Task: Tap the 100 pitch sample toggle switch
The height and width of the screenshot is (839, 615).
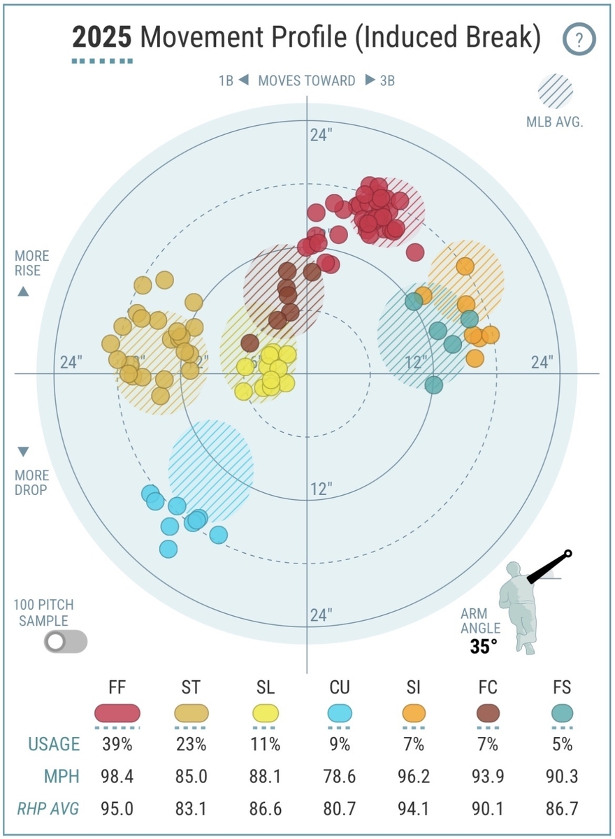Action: coord(66,641)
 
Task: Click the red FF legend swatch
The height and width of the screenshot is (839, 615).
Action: coord(117,713)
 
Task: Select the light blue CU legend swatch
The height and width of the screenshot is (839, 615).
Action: coord(340,713)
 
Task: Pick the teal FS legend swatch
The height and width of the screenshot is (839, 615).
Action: coord(562,713)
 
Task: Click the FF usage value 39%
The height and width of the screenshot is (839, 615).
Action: coord(117,745)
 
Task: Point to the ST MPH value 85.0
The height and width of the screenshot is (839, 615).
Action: coord(191,777)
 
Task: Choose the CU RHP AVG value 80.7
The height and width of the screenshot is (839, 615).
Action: coord(340,810)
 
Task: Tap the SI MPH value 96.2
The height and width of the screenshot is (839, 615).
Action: coord(414,777)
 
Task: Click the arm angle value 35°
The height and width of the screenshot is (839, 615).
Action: coord(484,646)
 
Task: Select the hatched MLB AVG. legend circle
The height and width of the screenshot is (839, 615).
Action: coord(555,92)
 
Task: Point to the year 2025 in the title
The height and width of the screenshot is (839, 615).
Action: coord(102,38)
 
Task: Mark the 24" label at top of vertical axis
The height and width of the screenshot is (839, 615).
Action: coord(321,136)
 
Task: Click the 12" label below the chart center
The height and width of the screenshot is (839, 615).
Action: coord(321,489)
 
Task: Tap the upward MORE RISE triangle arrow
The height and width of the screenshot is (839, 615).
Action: coord(23,292)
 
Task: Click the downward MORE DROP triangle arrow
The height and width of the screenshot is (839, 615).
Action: coord(23,451)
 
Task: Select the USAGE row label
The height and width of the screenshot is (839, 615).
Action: coord(54,745)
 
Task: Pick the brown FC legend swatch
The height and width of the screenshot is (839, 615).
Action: coord(488,713)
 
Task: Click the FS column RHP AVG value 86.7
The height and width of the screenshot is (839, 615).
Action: coord(562,810)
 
